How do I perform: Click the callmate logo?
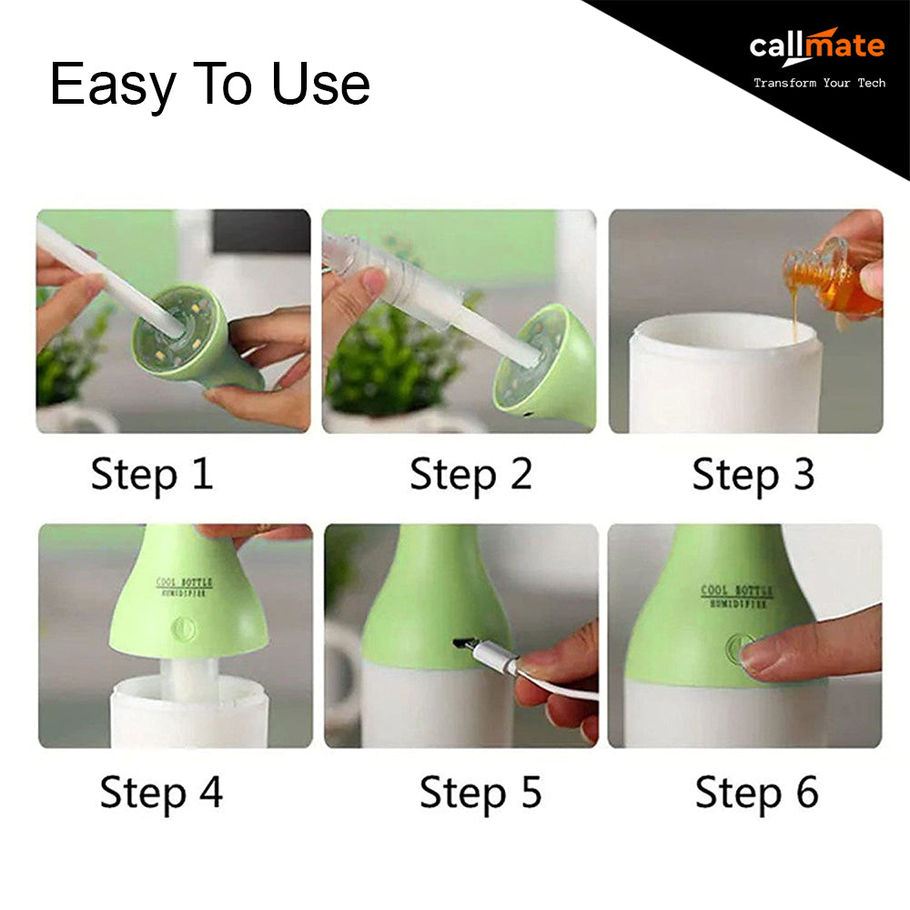[817, 45]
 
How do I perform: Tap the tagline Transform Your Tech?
[820, 83]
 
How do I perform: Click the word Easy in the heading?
[113, 86]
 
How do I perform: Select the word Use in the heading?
[321, 84]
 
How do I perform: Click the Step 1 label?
[152, 475]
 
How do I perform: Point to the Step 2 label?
[470, 475]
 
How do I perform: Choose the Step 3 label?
[753, 475]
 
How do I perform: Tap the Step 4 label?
[161, 793]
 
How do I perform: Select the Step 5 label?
[480, 793]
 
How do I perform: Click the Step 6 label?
[757, 793]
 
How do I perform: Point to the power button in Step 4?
[184, 629]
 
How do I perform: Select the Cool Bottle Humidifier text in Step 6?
[736, 596]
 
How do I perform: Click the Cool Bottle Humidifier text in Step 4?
[184, 587]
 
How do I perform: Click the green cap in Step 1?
[195, 337]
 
